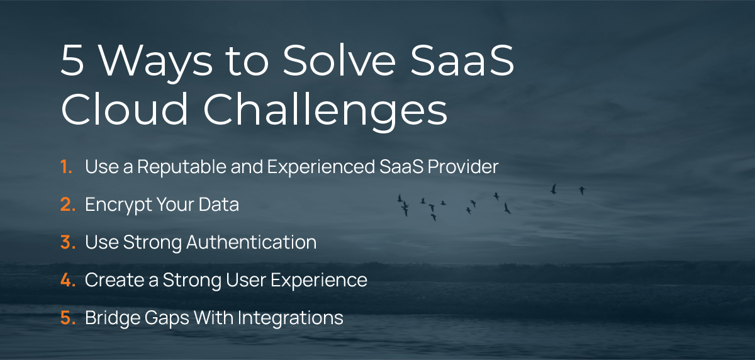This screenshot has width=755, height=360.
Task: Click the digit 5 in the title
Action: click(72, 60)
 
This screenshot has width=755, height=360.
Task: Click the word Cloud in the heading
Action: click(125, 108)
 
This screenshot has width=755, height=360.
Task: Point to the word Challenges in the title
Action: click(325, 112)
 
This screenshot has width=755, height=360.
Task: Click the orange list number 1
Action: click(67, 167)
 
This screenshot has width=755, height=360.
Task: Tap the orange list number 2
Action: click(68, 205)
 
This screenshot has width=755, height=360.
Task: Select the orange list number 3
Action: click(68, 242)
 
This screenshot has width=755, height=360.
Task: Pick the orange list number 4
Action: click(68, 280)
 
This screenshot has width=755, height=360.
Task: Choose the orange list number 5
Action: click(68, 318)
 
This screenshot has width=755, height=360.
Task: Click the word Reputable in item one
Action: click(182, 167)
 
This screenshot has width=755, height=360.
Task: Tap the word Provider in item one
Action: click(463, 167)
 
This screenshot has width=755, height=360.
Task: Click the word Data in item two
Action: click(219, 205)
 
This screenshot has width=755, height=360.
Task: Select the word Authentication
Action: click(252, 242)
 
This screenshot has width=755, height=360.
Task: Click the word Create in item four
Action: click(115, 280)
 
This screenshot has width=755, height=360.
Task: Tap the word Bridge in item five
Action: click(113, 318)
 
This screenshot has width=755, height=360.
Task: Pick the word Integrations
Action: click(291, 318)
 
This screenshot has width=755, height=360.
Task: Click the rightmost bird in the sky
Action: click(582, 191)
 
